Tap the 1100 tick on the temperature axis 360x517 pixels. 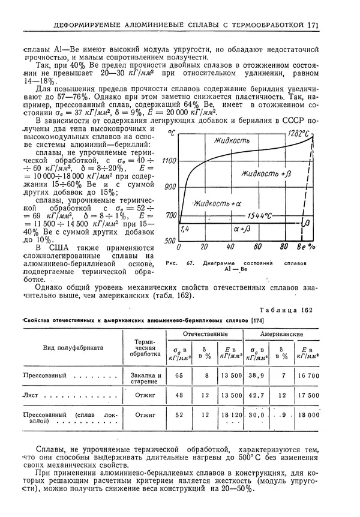pos(169,161)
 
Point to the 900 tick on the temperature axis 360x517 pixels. pos(170,187)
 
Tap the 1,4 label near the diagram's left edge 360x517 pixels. pos(185,229)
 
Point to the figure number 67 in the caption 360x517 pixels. pos(191,263)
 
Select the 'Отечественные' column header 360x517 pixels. pos(205,333)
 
